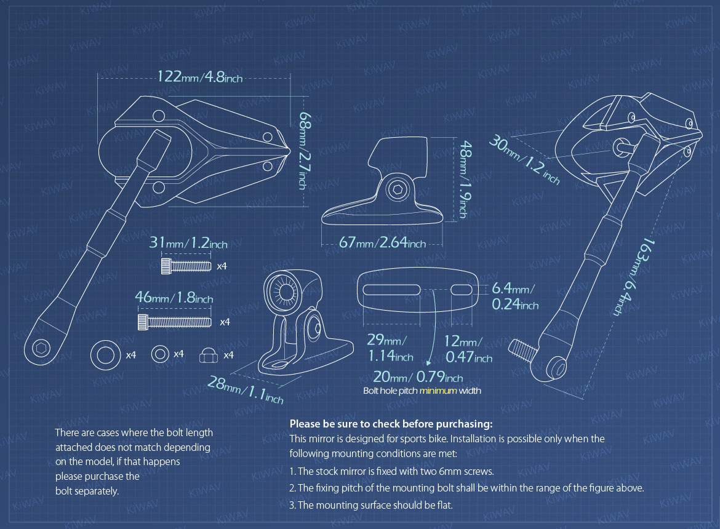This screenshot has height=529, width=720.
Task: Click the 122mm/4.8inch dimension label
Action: click(x=199, y=77)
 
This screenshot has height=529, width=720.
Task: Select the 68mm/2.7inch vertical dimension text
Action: click(x=304, y=149)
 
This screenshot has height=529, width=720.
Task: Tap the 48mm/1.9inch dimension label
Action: click(x=465, y=180)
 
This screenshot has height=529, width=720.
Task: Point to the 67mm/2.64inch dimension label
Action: click(x=382, y=243)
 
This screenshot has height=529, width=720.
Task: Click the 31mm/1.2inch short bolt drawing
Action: click(x=183, y=266)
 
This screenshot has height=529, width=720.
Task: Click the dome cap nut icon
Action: click(x=209, y=355)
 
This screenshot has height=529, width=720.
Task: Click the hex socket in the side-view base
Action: click(x=397, y=191)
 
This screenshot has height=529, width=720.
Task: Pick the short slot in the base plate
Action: click(x=463, y=289)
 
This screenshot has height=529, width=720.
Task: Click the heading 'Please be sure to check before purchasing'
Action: click(x=391, y=424)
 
